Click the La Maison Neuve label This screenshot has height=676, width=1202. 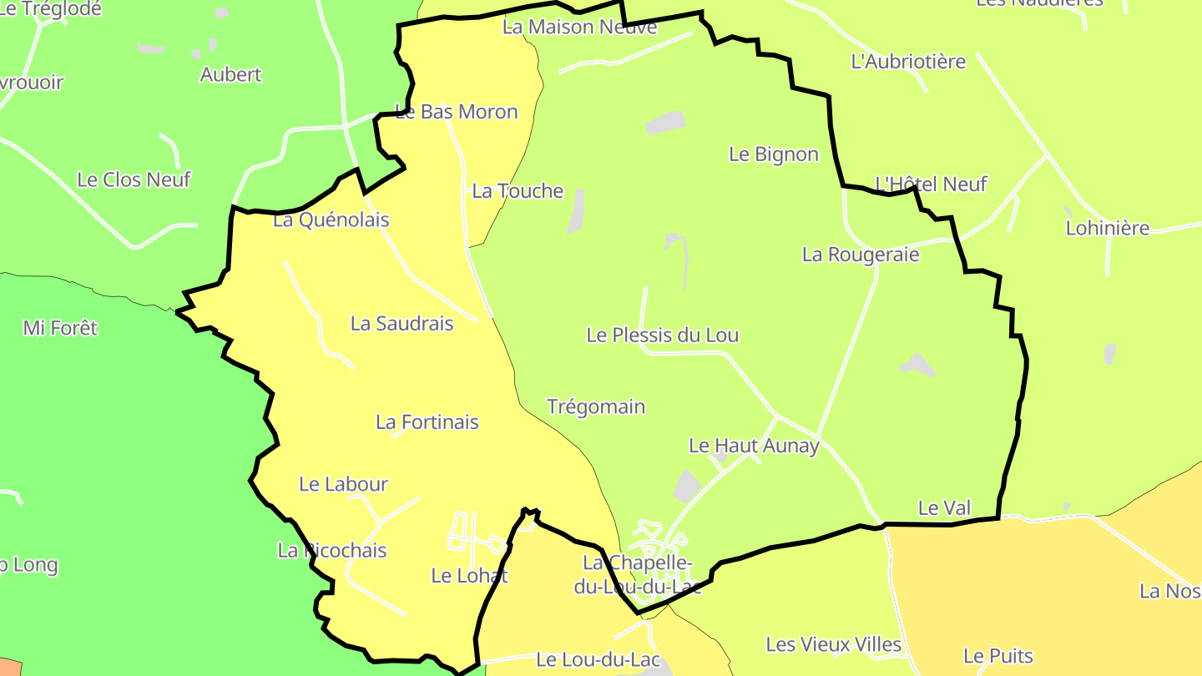tap(579, 27)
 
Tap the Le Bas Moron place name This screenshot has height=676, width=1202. tap(457, 112)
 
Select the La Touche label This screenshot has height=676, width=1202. tap(518, 191)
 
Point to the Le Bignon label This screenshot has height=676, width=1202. tap(774, 154)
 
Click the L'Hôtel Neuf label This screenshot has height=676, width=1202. tap(931, 184)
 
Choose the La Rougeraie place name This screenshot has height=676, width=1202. tap(861, 255)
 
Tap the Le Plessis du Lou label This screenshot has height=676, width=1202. tap(663, 335)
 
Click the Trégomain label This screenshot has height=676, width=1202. tap(596, 407)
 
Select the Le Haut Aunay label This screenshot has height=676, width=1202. tap(754, 446)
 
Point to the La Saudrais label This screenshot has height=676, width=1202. tap(402, 324)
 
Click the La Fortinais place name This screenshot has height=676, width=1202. tap(427, 422)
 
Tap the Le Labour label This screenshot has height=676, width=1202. tap(343, 484)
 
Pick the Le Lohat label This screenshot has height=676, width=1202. tap(469, 576)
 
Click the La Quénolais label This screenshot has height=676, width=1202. tap(331, 220)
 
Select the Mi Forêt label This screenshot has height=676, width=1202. tap(60, 328)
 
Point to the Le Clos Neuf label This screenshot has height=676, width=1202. tap(134, 179)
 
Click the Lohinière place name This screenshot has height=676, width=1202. tap(1108, 228)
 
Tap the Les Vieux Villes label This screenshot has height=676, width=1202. tap(834, 644)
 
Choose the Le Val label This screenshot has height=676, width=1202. tap(939, 507)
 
